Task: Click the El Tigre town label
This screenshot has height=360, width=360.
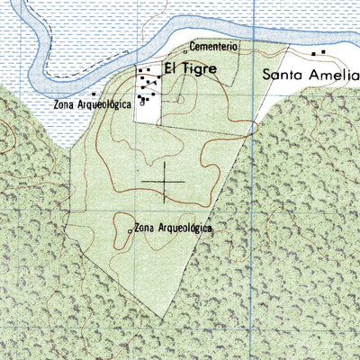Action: [x=190, y=68]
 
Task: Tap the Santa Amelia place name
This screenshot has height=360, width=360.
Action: [x=310, y=75]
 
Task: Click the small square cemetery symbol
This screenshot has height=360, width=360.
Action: [x=185, y=51]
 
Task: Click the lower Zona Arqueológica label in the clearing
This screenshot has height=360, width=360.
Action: [x=173, y=229]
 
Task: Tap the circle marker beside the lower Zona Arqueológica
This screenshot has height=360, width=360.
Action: [x=130, y=231]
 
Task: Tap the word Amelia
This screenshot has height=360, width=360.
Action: [x=334, y=75]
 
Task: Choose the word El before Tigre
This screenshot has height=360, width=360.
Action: [x=170, y=68]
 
